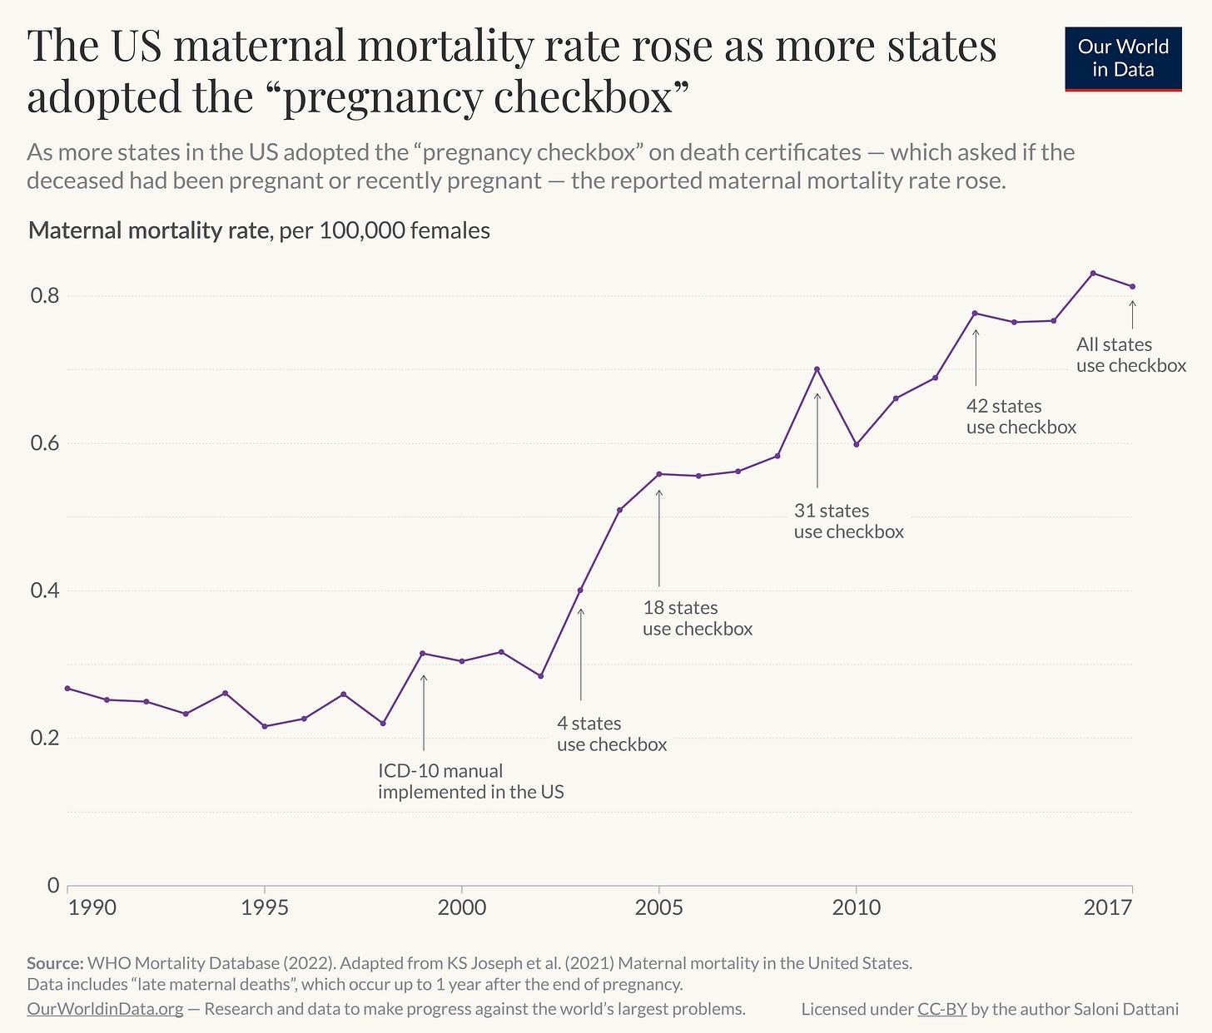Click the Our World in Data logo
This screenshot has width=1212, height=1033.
point(1123,58)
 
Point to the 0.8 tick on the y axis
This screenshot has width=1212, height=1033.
point(46,296)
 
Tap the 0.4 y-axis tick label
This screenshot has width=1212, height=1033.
point(46,591)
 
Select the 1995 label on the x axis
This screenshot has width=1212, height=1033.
point(265,907)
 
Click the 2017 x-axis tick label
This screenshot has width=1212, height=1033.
point(1107,907)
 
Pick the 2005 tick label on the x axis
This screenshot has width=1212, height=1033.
point(659,907)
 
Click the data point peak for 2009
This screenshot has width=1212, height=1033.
point(817,369)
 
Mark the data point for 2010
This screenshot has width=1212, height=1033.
point(856,444)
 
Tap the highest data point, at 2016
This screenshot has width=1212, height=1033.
point(1093,273)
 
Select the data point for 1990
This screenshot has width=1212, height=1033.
point(67,688)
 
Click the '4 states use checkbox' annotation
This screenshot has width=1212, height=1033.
point(612,734)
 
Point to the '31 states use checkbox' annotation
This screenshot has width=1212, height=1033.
point(848,521)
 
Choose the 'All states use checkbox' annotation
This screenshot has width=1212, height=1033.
point(1130,354)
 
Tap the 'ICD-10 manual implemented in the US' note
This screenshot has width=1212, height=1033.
point(470,781)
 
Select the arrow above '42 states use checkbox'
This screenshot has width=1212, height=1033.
point(976,358)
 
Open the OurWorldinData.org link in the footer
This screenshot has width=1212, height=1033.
point(105,1009)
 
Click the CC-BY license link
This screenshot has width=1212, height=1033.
point(941,1009)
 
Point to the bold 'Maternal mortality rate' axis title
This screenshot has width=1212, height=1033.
point(148,230)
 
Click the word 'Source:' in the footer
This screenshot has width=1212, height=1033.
point(55,963)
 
